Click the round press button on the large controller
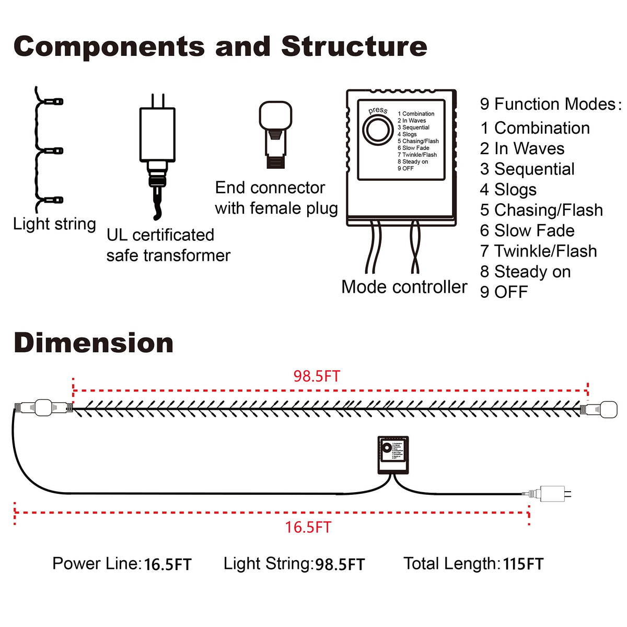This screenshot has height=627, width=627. tap(378, 130)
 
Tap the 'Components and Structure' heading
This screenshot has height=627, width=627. tap(220, 47)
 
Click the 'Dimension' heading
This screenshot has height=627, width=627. tap(94, 343)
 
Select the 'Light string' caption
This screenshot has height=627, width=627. tap(54, 224)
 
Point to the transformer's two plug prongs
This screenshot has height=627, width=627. tap(158, 100)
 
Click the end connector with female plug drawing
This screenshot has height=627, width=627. tap(275, 134)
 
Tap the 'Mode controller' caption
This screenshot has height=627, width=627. tap(404, 287)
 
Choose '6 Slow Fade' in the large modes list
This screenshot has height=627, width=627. tap(527, 230)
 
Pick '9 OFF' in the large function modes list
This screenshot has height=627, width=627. tap(504, 292)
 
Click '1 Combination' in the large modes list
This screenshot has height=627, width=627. tap(535, 128)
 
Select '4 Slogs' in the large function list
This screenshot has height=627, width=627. tap(508, 190)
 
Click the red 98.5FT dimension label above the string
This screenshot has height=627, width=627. tap(317, 376)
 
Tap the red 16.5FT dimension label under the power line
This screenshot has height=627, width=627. tap(308, 527)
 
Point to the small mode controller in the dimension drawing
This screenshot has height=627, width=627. tap(393, 455)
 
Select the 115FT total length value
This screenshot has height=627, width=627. tap(523, 564)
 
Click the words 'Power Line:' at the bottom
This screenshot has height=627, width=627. tap(97, 564)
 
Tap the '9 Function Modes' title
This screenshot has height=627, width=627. tap(550, 104)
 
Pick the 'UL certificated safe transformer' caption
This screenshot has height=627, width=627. tap(168, 245)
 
